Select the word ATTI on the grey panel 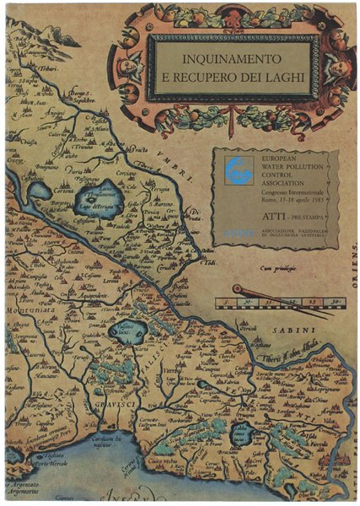tap(256, 217)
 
